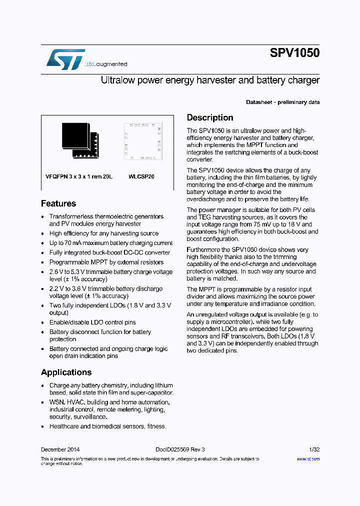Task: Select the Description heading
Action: [210, 117]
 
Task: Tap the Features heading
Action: [58, 203]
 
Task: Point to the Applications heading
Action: [66, 372]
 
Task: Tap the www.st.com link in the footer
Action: [308, 458]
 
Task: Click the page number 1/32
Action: [313, 449]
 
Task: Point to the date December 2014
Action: [60, 449]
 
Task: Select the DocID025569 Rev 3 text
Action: [180, 449]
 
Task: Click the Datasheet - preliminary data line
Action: [282, 102]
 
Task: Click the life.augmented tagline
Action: [106, 64]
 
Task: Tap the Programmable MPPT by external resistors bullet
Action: [106, 262]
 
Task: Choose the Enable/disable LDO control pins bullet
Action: [92, 322]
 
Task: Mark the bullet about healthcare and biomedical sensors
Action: [107, 426]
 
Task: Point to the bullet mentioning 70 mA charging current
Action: [111, 243]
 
